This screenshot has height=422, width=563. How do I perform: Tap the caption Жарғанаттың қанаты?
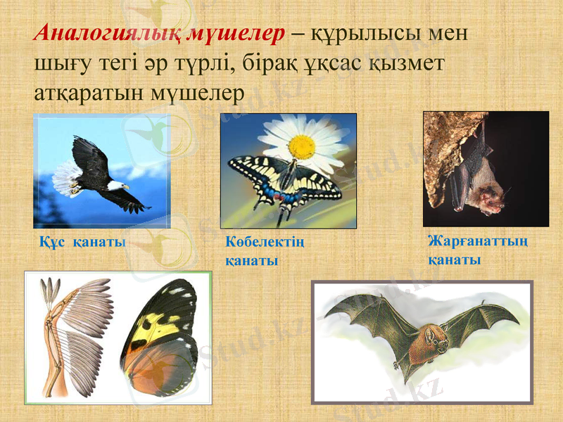point(478,250)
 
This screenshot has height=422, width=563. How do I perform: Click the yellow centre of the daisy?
point(302,146)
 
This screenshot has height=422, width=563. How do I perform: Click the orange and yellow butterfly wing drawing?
point(165,338)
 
